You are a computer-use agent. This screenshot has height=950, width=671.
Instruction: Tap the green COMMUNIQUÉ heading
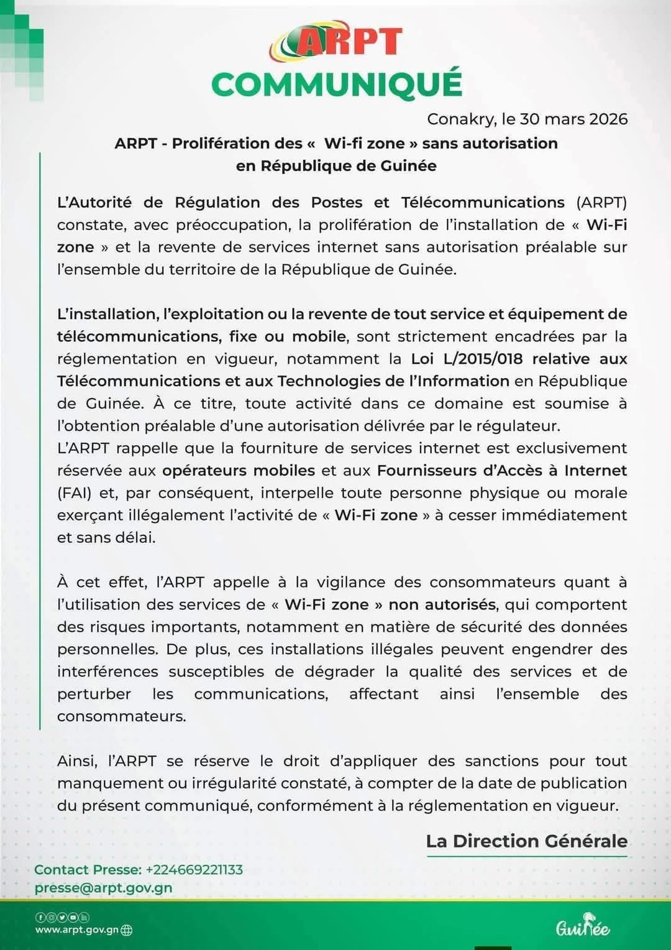(337, 85)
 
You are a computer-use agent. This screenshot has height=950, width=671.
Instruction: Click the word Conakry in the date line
(461, 119)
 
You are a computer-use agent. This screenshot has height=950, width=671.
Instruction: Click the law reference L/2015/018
(483, 359)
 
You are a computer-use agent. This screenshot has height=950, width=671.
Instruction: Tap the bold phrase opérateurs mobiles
(239, 471)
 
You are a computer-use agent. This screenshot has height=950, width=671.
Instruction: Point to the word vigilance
(351, 583)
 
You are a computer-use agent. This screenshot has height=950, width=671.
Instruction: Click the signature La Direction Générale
(526, 841)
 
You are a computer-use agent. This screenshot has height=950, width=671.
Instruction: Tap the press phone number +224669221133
(194, 870)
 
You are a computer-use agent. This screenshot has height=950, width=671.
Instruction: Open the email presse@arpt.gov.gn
(104, 888)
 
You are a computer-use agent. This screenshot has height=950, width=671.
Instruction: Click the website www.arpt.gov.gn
(76, 930)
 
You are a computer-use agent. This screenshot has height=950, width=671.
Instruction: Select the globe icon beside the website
(127, 930)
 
